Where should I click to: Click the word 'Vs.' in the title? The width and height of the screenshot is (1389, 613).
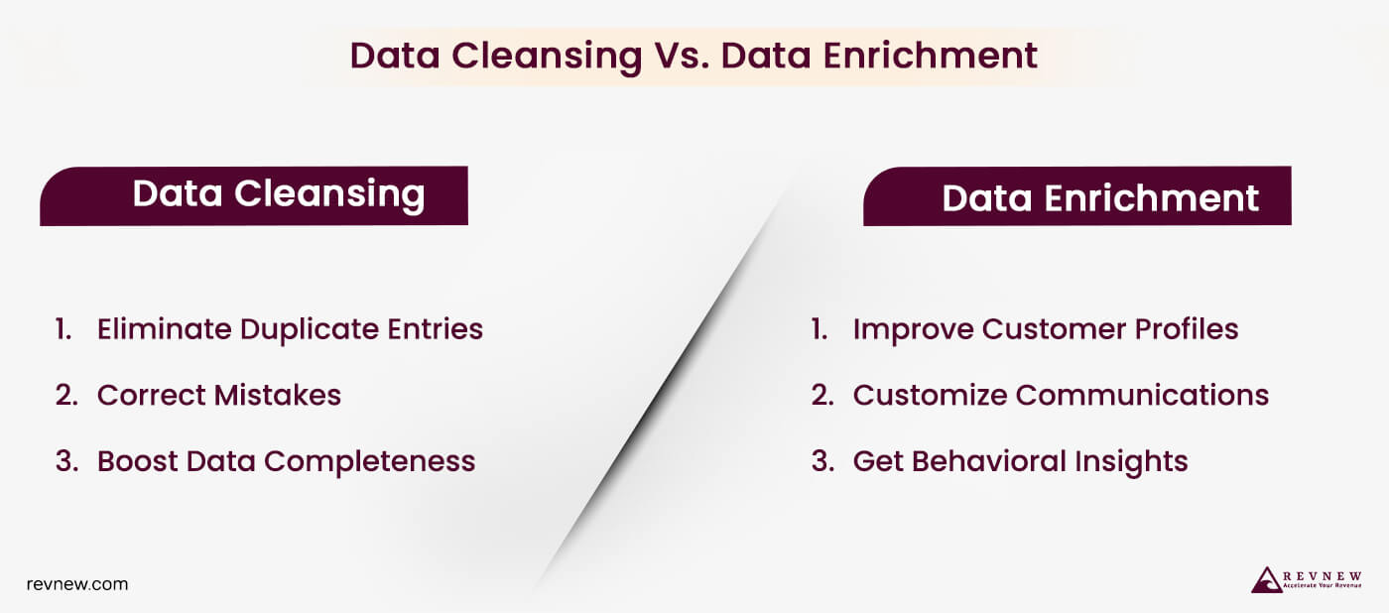tap(681, 56)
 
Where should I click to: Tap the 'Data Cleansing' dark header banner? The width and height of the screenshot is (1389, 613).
tap(254, 195)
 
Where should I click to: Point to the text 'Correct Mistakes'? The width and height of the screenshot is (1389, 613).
tap(218, 395)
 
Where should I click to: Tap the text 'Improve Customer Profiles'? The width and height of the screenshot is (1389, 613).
tap(1045, 329)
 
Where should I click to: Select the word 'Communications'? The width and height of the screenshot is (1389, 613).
tap(1143, 395)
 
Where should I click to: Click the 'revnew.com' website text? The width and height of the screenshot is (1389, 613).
tap(77, 584)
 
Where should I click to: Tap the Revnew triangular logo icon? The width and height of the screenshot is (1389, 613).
tap(1267, 580)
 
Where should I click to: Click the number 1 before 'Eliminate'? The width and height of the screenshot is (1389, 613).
tap(63, 329)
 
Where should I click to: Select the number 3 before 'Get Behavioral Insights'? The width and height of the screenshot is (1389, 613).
tap(821, 461)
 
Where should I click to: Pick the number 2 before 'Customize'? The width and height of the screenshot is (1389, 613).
tap(821, 395)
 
